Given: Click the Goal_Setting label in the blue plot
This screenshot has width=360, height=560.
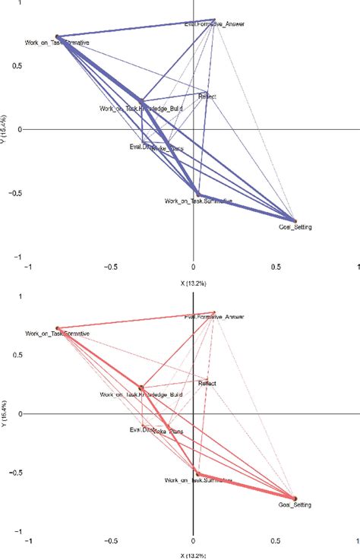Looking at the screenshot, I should click(x=295, y=227).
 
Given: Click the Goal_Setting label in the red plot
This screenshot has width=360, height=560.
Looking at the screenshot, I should click(x=295, y=505).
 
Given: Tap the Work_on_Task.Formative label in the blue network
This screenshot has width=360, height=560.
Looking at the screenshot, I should click(x=57, y=43).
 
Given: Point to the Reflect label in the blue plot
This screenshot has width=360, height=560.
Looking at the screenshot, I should click(x=207, y=96).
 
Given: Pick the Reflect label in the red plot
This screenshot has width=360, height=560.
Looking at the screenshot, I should click(x=207, y=384).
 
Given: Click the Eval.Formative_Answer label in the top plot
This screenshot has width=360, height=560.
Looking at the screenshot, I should click(x=216, y=25).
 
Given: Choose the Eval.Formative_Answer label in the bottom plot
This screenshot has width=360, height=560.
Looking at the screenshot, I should click(x=216, y=317).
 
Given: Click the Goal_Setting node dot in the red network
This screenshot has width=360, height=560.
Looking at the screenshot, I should click(x=295, y=498).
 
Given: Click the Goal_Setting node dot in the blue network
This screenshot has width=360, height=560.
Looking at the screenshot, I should click(x=295, y=220).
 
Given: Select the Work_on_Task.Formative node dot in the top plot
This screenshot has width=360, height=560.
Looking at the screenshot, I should click(x=56, y=36).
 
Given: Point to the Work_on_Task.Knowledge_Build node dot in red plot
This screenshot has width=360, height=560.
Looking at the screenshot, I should click(x=141, y=388).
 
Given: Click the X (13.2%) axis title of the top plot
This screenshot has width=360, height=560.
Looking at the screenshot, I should click(x=194, y=283).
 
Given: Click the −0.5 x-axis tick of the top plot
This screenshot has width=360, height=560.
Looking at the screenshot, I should click(x=111, y=267).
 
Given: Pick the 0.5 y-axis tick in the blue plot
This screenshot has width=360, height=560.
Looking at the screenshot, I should click(x=16, y=65).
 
